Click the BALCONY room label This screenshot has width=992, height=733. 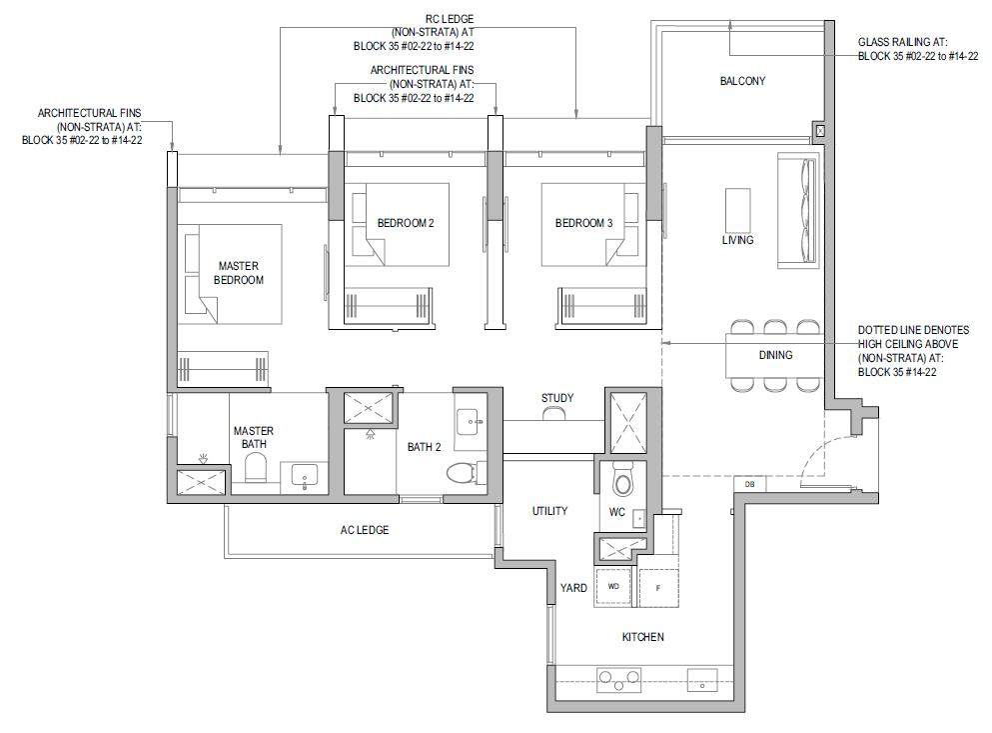pyautogui.click(x=742, y=81)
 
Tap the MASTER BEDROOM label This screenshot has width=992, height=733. pyautogui.click(x=239, y=273)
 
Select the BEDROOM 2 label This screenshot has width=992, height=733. pyautogui.click(x=406, y=223)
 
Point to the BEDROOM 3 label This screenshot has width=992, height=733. pyautogui.click(x=584, y=223)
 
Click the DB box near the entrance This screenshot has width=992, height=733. pyautogui.click(x=749, y=485)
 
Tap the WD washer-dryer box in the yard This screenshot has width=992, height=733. pyautogui.click(x=613, y=587)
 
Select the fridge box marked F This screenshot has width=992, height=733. pyautogui.click(x=658, y=588)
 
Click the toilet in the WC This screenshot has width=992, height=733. pyautogui.click(x=622, y=480)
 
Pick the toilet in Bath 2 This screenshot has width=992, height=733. pyautogui.click(x=464, y=473)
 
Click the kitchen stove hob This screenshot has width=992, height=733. pyautogui.click(x=618, y=680)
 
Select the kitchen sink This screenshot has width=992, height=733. pyautogui.click(x=702, y=680)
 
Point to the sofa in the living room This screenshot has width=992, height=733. pyautogui.click(x=798, y=210)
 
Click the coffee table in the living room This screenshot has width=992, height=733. pyautogui.click(x=737, y=210)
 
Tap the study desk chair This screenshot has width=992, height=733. pyautogui.click(x=553, y=413)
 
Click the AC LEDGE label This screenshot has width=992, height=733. pyautogui.click(x=365, y=530)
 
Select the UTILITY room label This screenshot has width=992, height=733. pyautogui.click(x=549, y=511)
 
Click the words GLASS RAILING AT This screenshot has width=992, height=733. pyautogui.click(x=903, y=42)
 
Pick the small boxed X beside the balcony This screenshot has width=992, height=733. pyautogui.click(x=820, y=131)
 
